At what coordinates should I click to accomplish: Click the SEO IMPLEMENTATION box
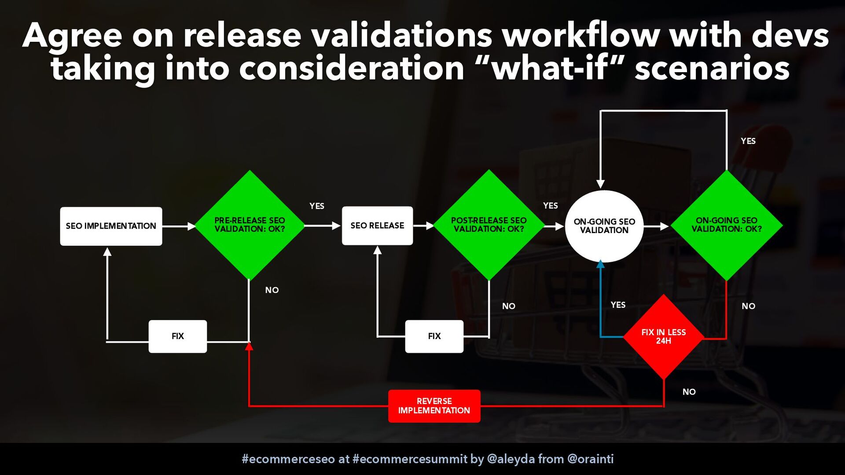click(x=111, y=226)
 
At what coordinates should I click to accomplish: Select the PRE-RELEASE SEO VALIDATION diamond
click(x=250, y=225)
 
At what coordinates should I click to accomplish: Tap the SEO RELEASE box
click(x=377, y=226)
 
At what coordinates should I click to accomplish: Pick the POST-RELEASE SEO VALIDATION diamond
click(x=489, y=225)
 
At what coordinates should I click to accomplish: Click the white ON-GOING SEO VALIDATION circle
click(x=604, y=226)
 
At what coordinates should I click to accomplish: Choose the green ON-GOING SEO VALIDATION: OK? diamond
click(x=726, y=225)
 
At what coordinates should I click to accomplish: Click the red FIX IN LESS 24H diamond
click(x=664, y=337)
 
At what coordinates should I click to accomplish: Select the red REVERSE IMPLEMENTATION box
click(x=434, y=406)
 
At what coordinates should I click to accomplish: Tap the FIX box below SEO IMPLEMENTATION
click(x=178, y=336)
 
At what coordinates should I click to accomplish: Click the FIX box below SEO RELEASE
click(x=434, y=336)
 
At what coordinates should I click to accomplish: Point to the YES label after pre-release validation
click(x=317, y=206)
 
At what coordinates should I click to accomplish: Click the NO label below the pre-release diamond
click(x=272, y=290)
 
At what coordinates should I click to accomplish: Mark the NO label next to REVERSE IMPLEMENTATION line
click(x=689, y=392)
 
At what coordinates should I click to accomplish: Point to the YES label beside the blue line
click(x=618, y=305)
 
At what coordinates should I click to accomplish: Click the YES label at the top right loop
click(x=748, y=141)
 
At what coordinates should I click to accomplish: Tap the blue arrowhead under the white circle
click(x=600, y=264)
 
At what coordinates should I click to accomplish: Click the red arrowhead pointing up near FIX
click(x=249, y=346)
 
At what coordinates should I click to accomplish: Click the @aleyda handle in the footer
click(x=511, y=459)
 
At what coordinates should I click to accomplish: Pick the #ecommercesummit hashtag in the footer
click(x=410, y=459)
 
